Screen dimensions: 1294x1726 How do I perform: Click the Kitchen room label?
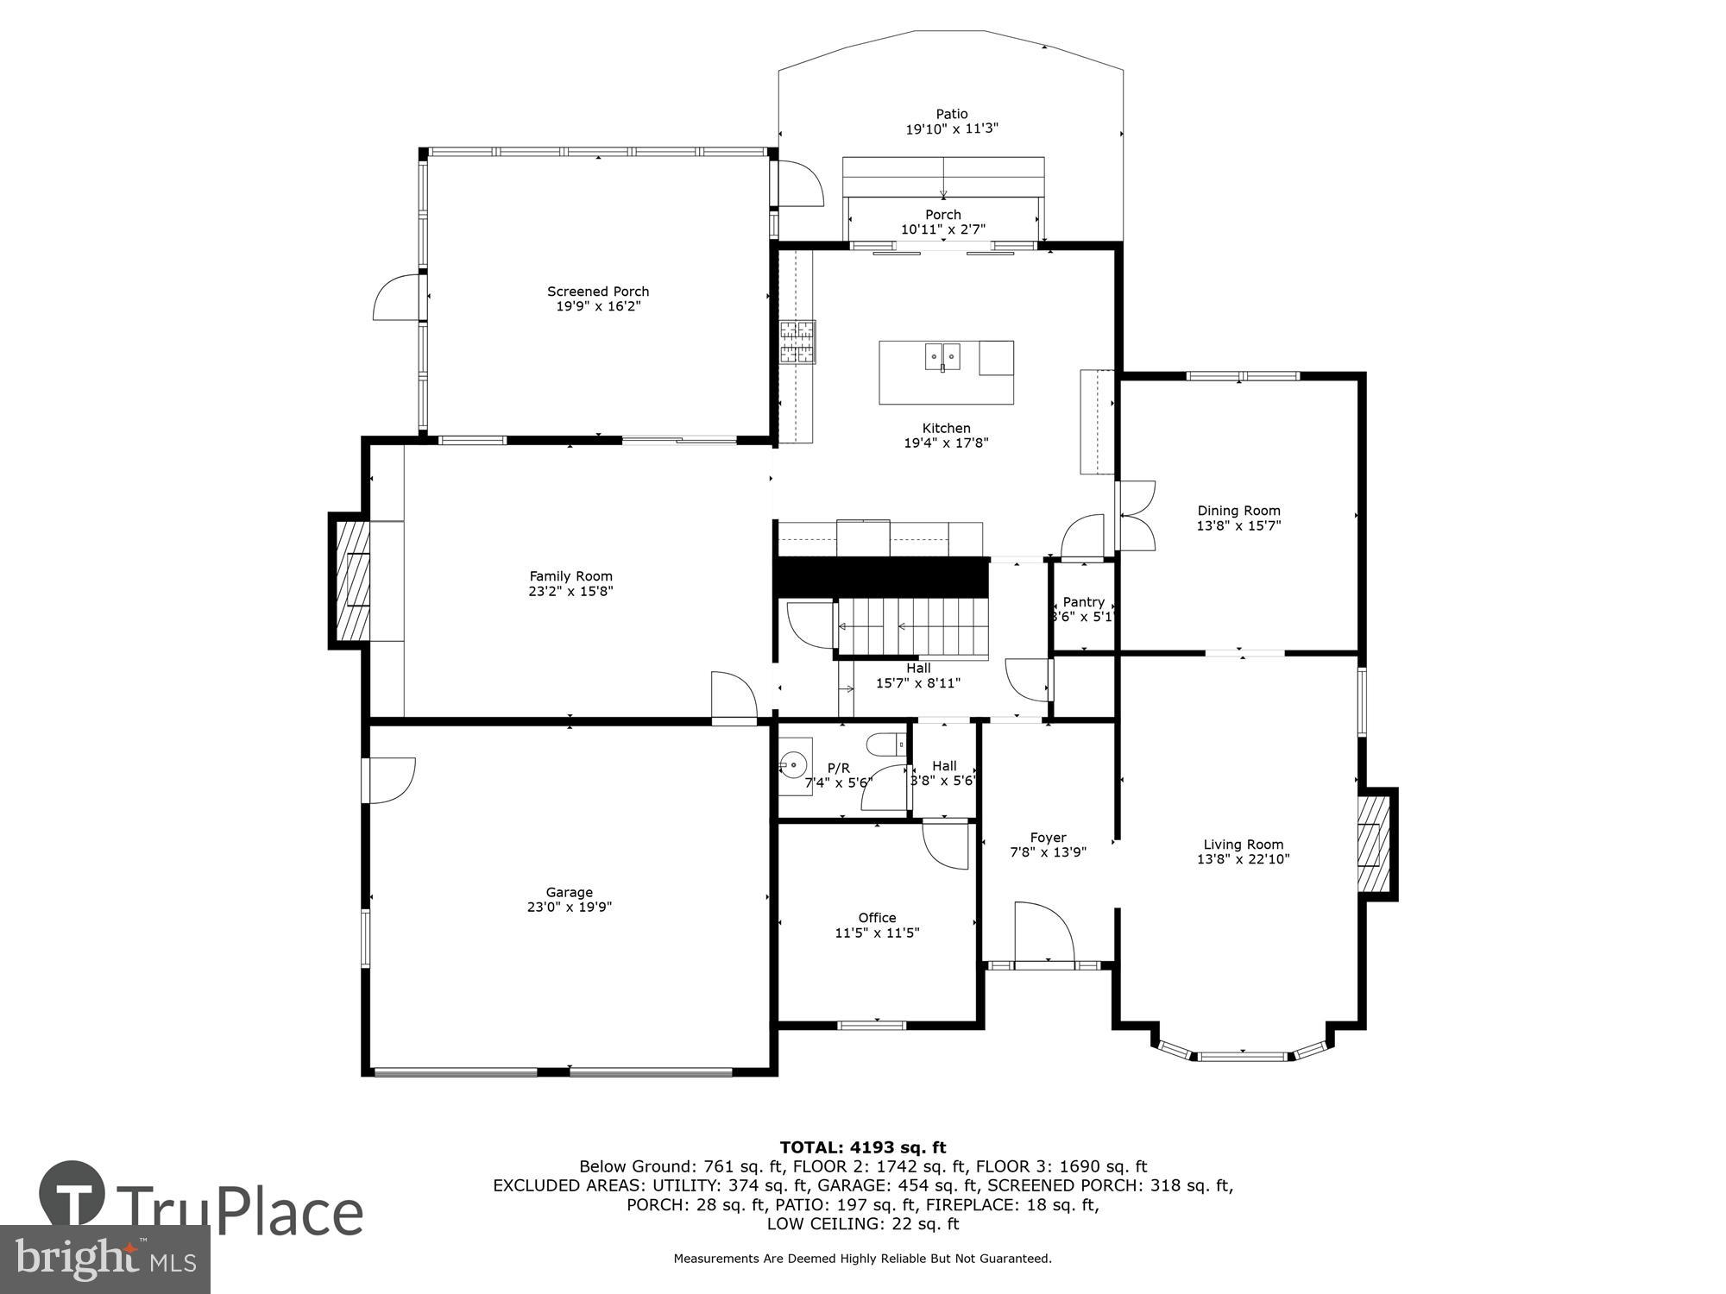[946, 428]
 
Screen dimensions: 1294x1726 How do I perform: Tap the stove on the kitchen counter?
[797, 341]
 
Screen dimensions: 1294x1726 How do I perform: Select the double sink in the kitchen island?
[943, 355]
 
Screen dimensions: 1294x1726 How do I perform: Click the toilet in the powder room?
[885, 743]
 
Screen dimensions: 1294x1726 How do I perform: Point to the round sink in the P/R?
[794, 763]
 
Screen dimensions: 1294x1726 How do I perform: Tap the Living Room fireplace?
[1374, 844]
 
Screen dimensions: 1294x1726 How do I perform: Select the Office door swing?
[947, 846]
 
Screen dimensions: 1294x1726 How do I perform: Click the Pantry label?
[1083, 602]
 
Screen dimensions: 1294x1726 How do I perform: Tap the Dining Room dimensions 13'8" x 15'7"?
[1238, 525]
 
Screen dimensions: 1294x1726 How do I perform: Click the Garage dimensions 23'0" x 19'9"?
[569, 907]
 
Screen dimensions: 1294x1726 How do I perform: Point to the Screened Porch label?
[597, 292]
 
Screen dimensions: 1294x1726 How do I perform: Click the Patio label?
[952, 114]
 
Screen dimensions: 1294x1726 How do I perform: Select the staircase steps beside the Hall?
[912, 626]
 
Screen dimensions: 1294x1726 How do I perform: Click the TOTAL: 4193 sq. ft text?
[862, 1147]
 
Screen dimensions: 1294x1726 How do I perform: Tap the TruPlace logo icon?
[72, 1200]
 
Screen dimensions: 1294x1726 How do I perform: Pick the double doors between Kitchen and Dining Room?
[1137, 516]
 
